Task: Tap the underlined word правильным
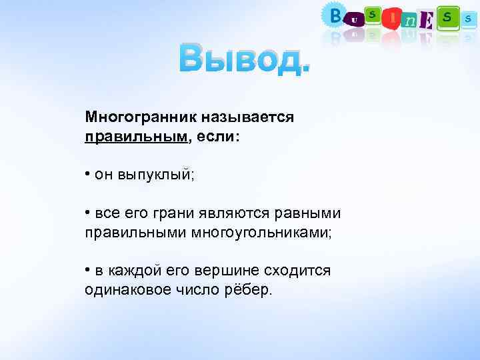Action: [x=136, y=136]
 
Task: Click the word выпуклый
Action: [x=155, y=175]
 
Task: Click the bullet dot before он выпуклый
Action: [x=88, y=174]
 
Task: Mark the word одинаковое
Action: [x=127, y=291]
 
